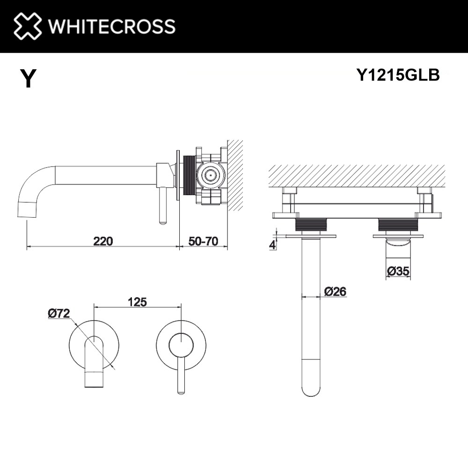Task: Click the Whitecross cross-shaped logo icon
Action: point(28,26)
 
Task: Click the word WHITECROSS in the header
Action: point(112,26)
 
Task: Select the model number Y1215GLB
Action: point(398,75)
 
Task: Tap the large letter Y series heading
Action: point(29,78)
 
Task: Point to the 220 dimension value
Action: point(103,241)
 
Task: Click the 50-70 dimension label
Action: point(203,241)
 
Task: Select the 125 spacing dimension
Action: point(137,302)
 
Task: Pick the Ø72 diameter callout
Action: point(59,313)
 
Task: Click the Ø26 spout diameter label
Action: point(335,291)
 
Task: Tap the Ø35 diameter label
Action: point(398,271)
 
